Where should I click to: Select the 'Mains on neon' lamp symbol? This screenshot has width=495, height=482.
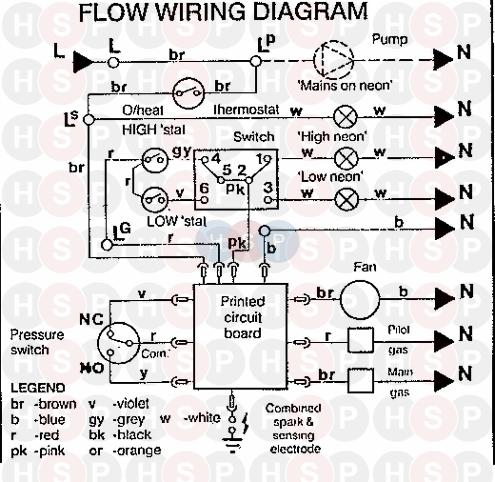point(345,117)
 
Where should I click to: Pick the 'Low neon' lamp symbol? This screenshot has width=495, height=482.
point(346,199)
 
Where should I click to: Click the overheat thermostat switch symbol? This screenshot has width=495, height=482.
point(188,93)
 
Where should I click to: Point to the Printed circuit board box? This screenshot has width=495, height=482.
point(240,336)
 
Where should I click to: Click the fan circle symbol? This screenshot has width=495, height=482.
point(360,300)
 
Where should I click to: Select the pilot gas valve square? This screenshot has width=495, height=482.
point(361,340)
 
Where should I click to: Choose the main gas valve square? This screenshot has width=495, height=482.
point(361,381)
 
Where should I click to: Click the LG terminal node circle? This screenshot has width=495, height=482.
point(107,245)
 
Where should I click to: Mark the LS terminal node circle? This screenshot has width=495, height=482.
point(89,119)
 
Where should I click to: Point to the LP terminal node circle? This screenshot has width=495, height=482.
point(255,61)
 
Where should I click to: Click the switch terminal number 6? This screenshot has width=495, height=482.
point(204,189)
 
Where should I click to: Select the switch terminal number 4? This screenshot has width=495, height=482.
point(215,159)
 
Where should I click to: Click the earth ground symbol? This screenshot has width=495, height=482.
point(232,442)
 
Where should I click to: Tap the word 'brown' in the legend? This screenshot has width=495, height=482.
point(55,404)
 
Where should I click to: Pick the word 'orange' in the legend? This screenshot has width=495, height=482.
point(137,450)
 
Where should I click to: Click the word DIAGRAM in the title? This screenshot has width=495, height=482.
point(311,12)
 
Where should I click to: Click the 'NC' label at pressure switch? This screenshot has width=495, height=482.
point(91,319)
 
